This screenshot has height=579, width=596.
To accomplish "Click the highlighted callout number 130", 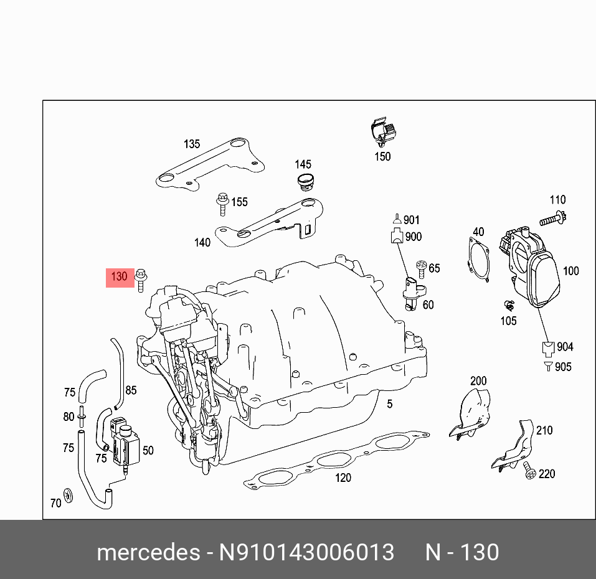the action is point(119,276).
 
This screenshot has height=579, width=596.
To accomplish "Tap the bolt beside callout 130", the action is point(141,280).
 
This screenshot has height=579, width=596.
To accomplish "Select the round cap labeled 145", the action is point(305,183).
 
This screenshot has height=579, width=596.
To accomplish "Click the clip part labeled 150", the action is point(382,132).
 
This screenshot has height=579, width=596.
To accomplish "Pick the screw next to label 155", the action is point(221,204).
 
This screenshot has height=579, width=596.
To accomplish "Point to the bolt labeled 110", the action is point(552,219).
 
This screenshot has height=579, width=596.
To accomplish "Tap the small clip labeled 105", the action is point(508,306).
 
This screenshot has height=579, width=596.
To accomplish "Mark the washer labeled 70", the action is point(69,494).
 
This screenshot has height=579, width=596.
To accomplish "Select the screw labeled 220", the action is point(529,472).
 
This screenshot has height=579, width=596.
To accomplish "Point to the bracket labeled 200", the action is point(470,412).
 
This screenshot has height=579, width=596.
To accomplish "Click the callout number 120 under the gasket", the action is point(343,478).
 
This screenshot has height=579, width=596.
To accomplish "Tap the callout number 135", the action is point(192,144).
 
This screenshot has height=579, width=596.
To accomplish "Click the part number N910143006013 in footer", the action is point(305,552).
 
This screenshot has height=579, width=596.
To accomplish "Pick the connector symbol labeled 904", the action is point(547,347).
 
